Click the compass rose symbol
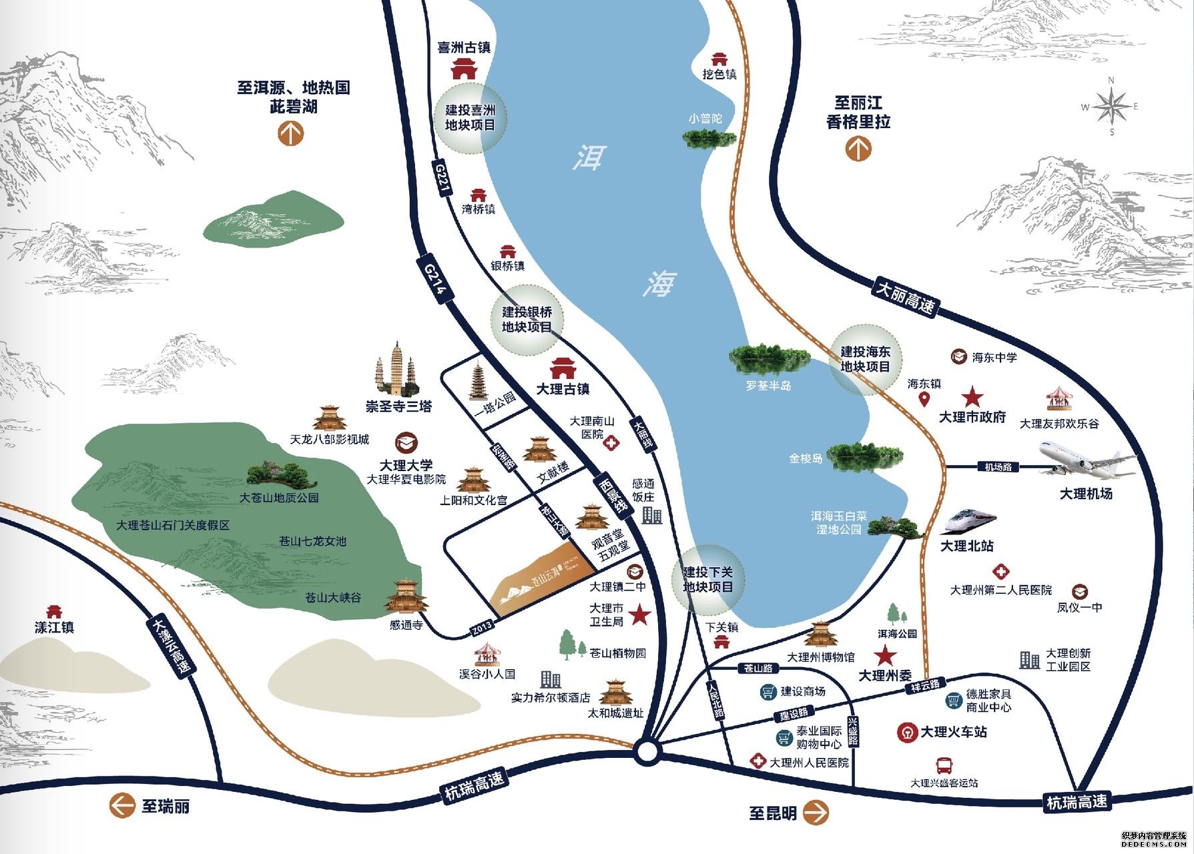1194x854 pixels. (x=1111, y=106)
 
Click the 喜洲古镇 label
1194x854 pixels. (x=464, y=47)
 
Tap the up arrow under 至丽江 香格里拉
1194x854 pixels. (x=858, y=148)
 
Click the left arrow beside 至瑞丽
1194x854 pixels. (x=122, y=806)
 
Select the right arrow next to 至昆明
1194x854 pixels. (x=815, y=813)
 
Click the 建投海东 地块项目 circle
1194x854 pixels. (x=865, y=360)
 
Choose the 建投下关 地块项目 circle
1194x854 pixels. (x=707, y=580)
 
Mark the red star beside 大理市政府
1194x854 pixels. (x=972, y=398)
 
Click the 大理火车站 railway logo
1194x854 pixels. (x=906, y=732)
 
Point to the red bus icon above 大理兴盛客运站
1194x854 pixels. (x=944, y=765)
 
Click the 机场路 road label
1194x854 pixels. (x=998, y=467)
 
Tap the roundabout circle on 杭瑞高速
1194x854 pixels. (x=647, y=752)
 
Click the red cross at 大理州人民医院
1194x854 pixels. (x=758, y=761)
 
